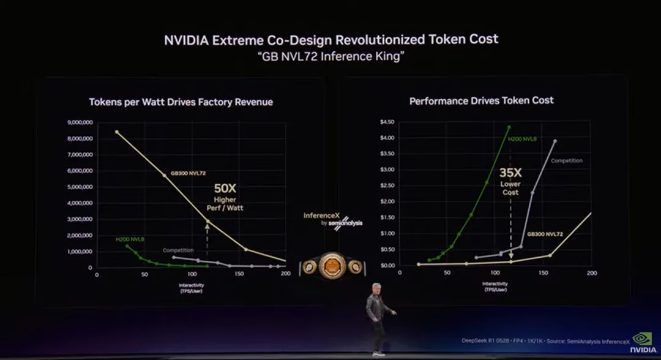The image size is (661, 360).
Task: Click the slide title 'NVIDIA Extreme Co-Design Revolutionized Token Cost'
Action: pyautogui.click(x=330, y=40)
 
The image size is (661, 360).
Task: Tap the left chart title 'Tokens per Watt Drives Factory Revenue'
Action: pyautogui.click(x=181, y=102)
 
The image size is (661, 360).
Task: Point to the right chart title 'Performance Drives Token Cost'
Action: pyautogui.click(x=481, y=100)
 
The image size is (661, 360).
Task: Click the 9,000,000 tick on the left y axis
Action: pyautogui.click(x=79, y=122)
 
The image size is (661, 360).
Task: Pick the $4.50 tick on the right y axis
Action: pyautogui.click(x=387, y=122)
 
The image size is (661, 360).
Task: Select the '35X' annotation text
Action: pyautogui.click(x=510, y=172)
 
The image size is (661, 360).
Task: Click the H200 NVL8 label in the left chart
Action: pyautogui.click(x=130, y=239)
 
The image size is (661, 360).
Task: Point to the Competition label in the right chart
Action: pyautogui.click(x=567, y=160)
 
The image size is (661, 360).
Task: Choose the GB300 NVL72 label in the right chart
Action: pyautogui.click(x=545, y=234)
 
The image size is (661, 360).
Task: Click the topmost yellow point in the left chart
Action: pyautogui.click(x=117, y=132)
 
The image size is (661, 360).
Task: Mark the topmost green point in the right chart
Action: pyautogui.click(x=509, y=127)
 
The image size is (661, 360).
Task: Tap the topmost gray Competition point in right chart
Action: pyautogui.click(x=555, y=141)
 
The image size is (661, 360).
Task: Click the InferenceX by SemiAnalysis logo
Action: pyautogui.click(x=332, y=220)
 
